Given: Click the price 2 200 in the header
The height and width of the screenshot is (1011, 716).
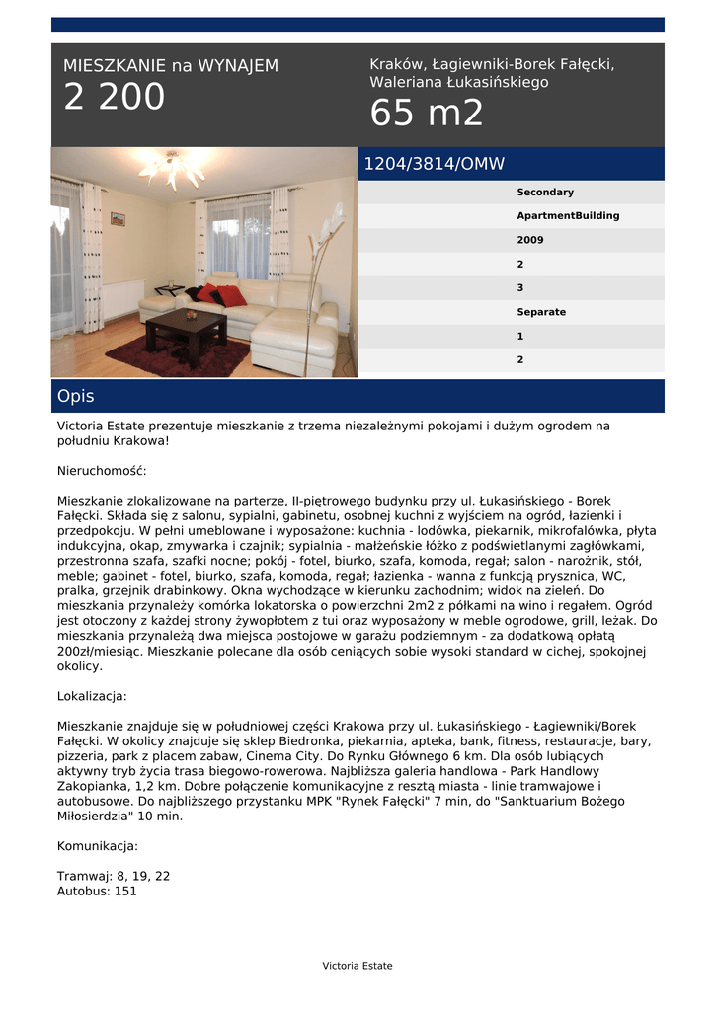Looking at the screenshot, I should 115,98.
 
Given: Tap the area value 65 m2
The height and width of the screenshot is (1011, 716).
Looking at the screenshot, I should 427,114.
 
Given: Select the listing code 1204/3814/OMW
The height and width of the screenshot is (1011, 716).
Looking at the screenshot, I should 435,164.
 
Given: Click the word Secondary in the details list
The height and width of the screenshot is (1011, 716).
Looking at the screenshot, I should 545,193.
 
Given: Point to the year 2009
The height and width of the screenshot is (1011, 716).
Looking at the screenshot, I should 530,240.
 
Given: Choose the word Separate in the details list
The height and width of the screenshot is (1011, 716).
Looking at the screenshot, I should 541,312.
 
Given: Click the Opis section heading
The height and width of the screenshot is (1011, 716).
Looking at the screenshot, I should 76,396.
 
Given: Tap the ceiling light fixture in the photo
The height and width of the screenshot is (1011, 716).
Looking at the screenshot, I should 172,170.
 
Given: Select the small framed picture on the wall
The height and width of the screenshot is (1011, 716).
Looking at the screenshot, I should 118,219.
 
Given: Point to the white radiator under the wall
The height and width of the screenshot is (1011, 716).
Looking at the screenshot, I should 122,297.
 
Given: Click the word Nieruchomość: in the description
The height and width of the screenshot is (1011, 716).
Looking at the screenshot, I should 102,471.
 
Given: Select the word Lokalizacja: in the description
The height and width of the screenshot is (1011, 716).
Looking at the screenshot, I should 92,696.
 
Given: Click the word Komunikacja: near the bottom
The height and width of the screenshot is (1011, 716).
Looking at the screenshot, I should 98,846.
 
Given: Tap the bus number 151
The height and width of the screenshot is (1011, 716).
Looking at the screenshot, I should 125,891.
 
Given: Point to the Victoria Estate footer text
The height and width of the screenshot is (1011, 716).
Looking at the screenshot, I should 358,966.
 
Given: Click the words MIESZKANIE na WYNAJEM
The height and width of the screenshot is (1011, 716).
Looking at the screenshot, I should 171,66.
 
